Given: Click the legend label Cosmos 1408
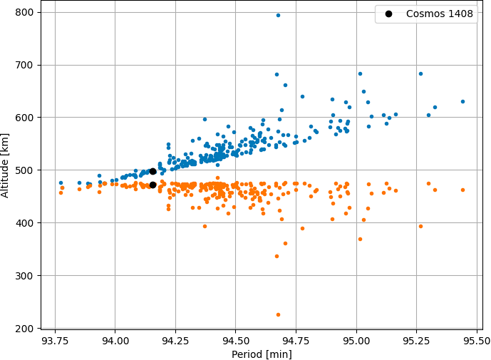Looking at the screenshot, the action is tap(439, 14).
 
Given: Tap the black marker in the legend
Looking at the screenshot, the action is tap(388, 14).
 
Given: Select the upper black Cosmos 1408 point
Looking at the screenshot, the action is tap(153, 171).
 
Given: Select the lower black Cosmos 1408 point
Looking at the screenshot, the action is tap(153, 185).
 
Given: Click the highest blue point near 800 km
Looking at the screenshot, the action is tap(278, 16).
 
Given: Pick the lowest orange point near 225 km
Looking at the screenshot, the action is tap(278, 314).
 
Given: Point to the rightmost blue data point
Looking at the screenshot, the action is tap(462, 101).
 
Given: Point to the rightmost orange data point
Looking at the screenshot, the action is tap(462, 190).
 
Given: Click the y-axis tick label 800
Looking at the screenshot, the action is tap(24, 12).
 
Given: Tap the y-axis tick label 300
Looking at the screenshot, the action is tap(24, 276).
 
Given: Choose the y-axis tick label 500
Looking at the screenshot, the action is tap(24, 170).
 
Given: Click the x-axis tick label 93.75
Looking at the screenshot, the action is tap(55, 341).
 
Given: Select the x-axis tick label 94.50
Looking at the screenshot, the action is tap(235, 341).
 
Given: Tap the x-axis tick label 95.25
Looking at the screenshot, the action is tap(416, 341).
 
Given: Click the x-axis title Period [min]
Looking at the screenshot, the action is tap(262, 354).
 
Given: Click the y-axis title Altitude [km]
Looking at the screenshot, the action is tap(5, 166).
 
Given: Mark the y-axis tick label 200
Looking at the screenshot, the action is tap(24, 329).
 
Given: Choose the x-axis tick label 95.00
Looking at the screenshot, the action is tap(356, 341).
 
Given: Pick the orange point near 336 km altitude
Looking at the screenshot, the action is tap(276, 257).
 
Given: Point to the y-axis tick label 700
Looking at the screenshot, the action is tap(24, 65).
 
